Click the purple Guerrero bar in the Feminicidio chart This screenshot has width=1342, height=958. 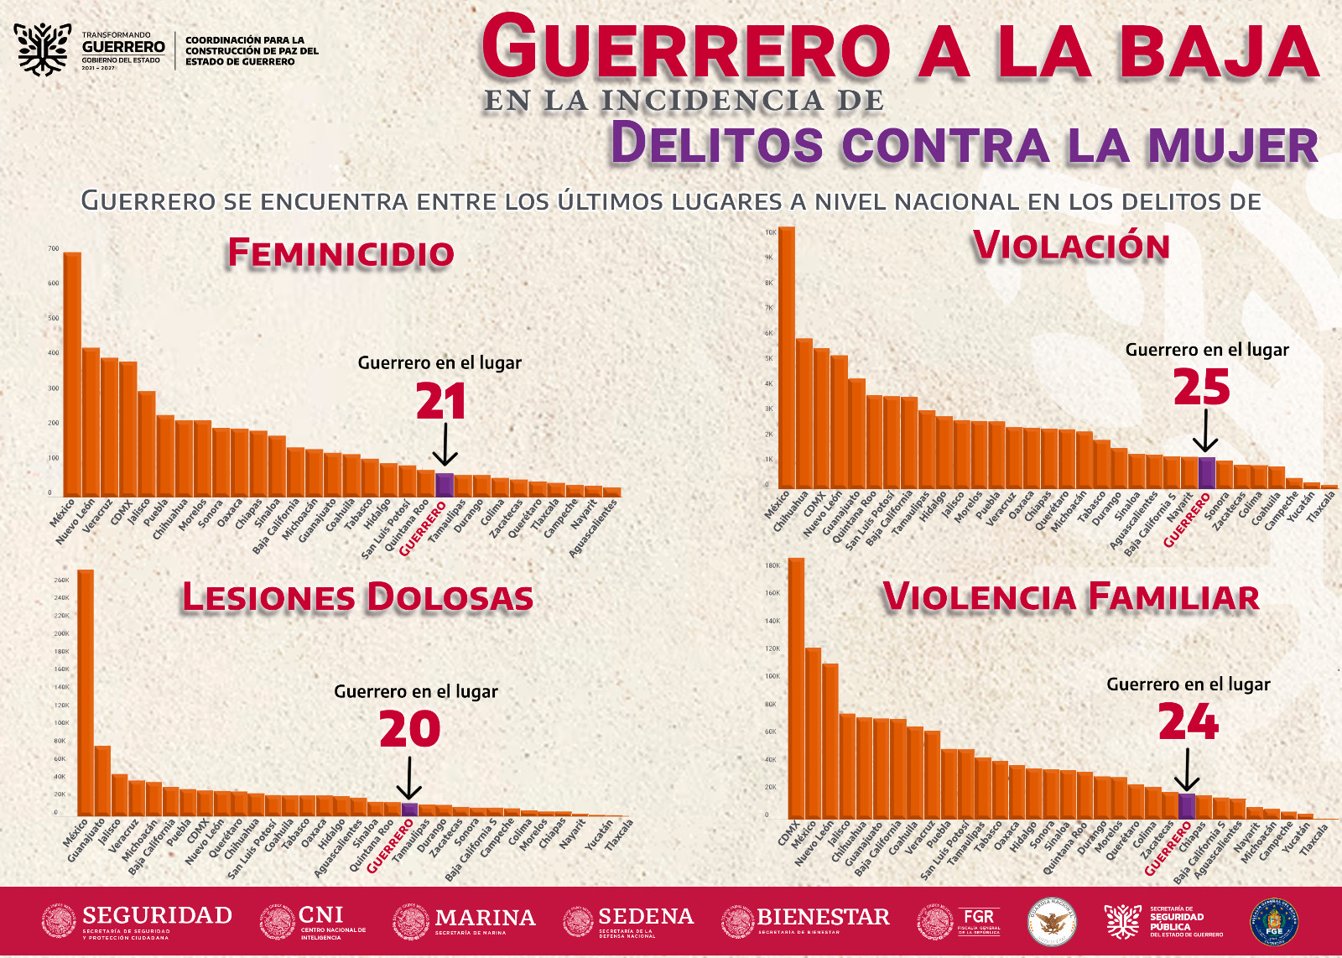pyautogui.click(x=444, y=485)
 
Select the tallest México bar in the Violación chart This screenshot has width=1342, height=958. pyautogui.click(x=786, y=357)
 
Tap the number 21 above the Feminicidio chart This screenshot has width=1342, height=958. pyautogui.click(x=441, y=403)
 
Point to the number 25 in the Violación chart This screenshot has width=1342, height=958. pyautogui.click(x=1201, y=388)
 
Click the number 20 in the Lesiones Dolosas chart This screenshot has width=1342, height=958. pyautogui.click(x=409, y=729)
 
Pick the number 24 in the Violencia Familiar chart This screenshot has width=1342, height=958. pyautogui.click(x=1188, y=722)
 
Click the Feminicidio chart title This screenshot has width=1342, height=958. pyautogui.click(x=341, y=253)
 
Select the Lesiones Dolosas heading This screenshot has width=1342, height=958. pyautogui.click(x=358, y=597)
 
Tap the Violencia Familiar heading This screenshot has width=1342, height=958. pyautogui.click(x=1071, y=597)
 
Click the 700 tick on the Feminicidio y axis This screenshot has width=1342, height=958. pyautogui.click(x=54, y=249)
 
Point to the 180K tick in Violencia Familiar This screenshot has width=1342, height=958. pyautogui.click(x=772, y=565)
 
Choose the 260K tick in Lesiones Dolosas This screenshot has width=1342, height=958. pyautogui.click(x=61, y=580)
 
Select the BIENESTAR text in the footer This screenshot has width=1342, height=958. pyautogui.click(x=823, y=917)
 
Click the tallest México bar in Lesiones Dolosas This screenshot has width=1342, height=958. pyautogui.click(x=86, y=692)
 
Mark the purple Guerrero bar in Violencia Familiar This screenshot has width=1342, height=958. pyautogui.click(x=1187, y=805)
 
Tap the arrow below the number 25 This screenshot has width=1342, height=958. pyautogui.click(x=1205, y=434)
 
